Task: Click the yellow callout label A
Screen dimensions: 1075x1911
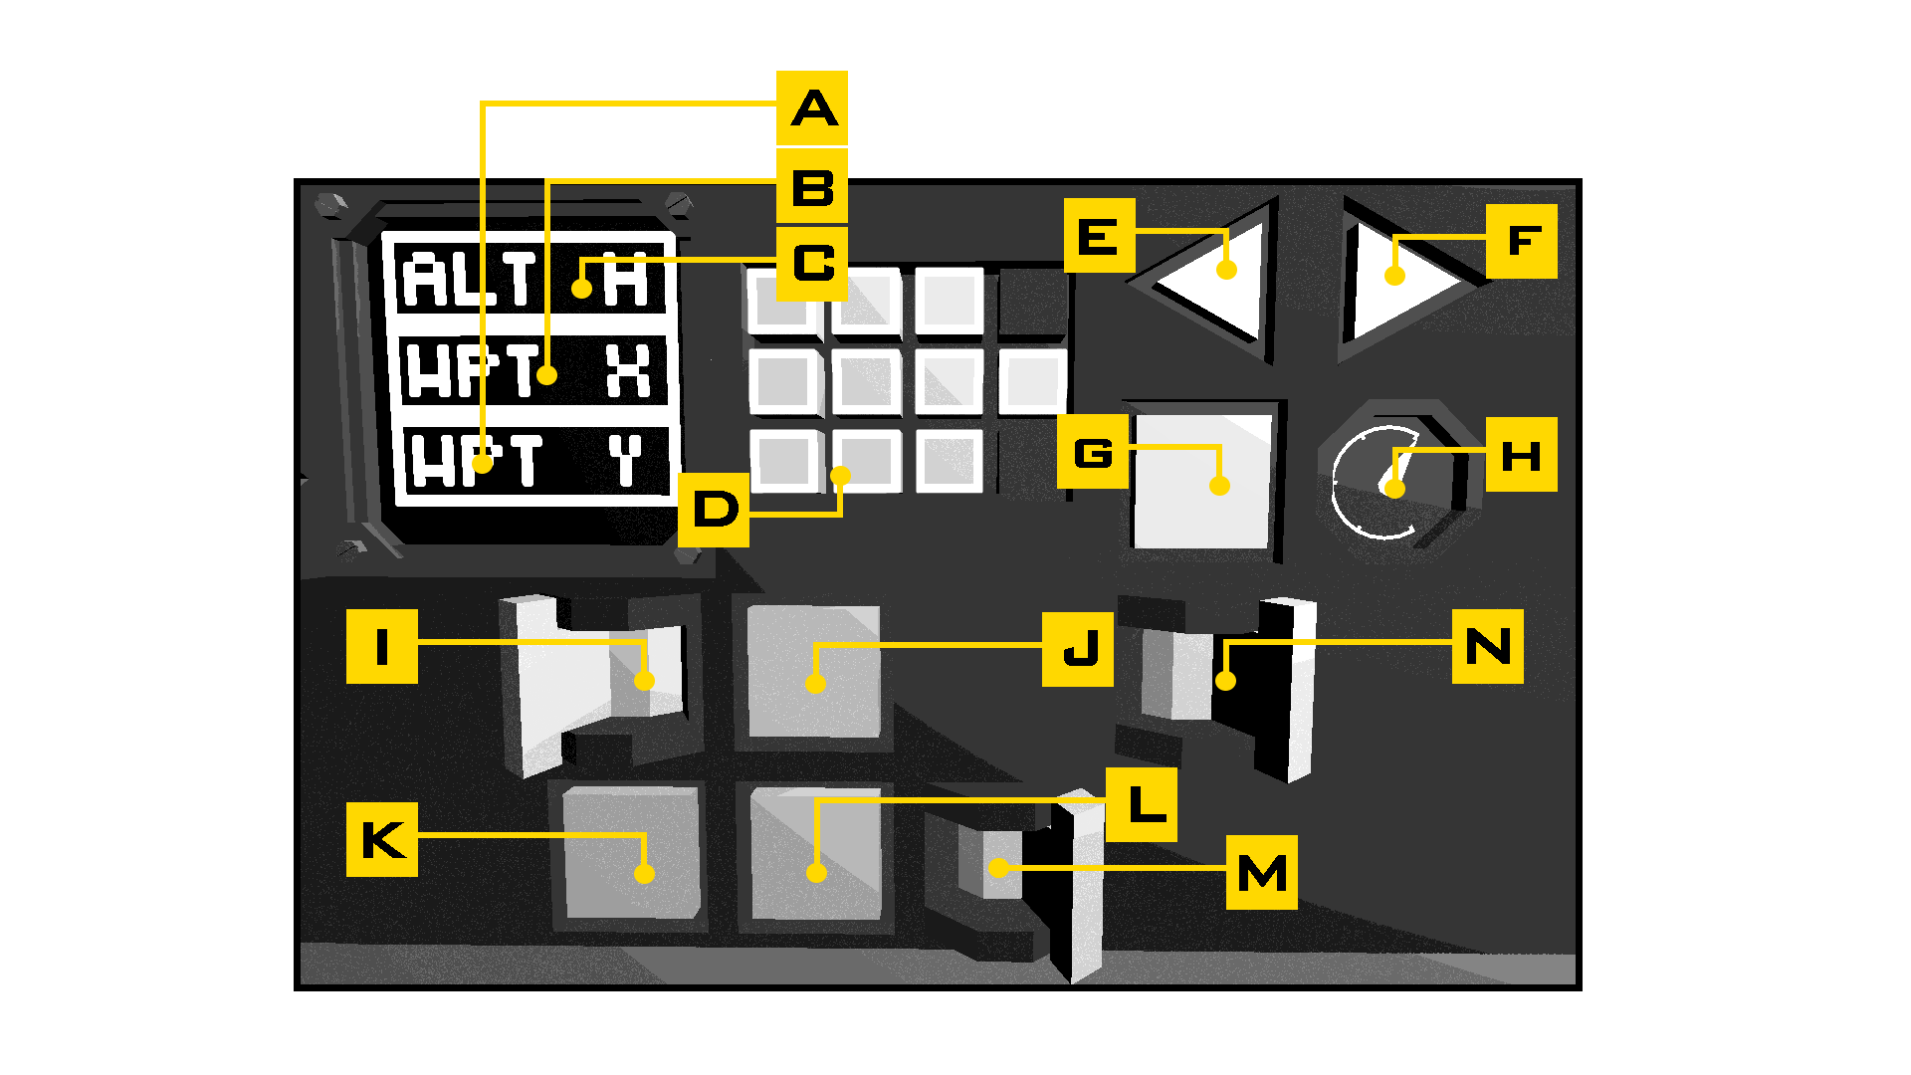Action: tap(812, 107)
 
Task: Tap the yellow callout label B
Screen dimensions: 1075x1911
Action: tap(812, 186)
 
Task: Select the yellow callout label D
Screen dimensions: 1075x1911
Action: tap(714, 510)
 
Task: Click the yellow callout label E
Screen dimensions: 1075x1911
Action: tap(1099, 236)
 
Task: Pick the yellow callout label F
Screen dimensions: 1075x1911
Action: tap(1522, 241)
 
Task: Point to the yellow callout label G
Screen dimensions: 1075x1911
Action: tap(1093, 453)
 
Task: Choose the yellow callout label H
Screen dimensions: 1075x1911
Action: tap(1521, 455)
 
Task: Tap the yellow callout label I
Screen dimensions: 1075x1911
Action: tap(382, 646)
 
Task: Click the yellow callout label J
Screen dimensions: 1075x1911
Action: tap(1078, 650)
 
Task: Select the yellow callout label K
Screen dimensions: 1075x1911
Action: tap(382, 840)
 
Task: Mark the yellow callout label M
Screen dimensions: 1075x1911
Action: tap(1261, 873)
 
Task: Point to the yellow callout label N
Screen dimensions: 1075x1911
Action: tap(1487, 646)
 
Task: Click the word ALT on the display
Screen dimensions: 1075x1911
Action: tap(469, 279)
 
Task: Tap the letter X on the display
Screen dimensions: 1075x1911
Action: tap(629, 371)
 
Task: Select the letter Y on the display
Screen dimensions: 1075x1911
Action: tap(626, 461)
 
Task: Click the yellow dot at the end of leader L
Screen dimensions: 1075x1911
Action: tap(816, 873)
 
